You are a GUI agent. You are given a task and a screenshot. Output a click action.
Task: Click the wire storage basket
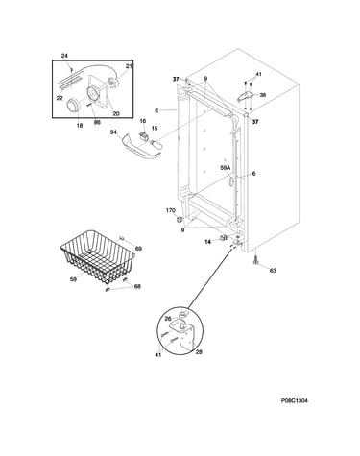[x=98, y=256]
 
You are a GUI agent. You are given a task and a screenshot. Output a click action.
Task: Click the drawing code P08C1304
[x=295, y=400]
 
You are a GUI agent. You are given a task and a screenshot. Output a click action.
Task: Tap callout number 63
[x=273, y=271]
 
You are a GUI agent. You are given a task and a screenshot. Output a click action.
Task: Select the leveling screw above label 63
[x=255, y=260]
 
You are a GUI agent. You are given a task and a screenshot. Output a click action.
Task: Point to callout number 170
[x=171, y=210]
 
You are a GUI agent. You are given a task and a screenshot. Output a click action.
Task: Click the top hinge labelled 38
[x=246, y=96]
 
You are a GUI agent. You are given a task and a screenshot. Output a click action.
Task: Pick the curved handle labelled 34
[x=140, y=148]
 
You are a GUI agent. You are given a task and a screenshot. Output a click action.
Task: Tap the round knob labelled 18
[x=73, y=106]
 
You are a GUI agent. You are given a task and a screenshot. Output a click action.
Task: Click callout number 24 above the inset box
[x=64, y=56]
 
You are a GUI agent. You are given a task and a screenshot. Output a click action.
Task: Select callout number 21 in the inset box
[x=129, y=66]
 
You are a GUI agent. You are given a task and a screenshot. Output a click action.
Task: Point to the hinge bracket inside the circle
[x=182, y=335]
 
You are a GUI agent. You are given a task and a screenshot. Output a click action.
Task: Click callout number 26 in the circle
[x=168, y=319]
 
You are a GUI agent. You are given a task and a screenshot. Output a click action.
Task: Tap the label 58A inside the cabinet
[x=225, y=167]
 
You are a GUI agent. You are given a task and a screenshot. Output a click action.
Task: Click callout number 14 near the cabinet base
[x=207, y=242]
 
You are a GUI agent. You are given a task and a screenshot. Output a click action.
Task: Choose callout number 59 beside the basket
[x=74, y=279]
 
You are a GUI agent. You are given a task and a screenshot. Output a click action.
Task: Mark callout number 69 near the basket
[x=138, y=249]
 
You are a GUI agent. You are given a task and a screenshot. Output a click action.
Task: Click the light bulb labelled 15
[x=156, y=143]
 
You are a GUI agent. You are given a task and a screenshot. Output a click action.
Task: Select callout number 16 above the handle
[x=143, y=121]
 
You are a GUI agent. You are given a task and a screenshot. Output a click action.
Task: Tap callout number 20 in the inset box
[x=116, y=113]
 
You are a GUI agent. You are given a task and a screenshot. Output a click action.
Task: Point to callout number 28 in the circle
[x=199, y=352]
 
